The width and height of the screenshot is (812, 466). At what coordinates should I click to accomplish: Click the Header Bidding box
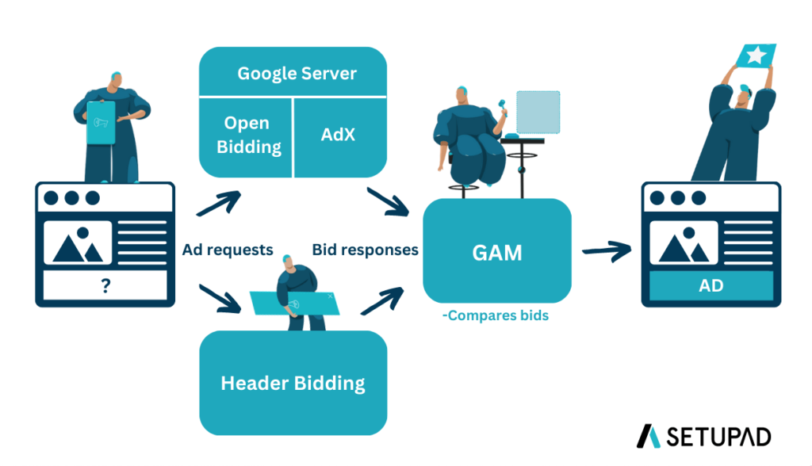coord(293,384)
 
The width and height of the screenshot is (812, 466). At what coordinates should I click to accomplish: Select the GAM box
coord(497,252)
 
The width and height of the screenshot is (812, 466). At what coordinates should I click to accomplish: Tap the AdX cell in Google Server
coord(339,134)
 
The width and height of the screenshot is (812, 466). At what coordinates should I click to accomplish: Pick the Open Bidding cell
coord(247,135)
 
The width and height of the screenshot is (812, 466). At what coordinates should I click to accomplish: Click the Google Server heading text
coord(297,74)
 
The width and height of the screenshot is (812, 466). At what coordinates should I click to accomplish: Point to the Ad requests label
coord(228,250)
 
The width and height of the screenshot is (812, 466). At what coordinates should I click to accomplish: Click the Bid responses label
coord(365,250)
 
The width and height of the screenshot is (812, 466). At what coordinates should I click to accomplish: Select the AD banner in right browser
coord(711,285)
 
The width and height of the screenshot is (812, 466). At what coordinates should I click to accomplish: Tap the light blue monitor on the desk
coord(538,111)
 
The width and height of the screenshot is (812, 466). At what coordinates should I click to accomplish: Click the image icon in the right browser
coord(683,243)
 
